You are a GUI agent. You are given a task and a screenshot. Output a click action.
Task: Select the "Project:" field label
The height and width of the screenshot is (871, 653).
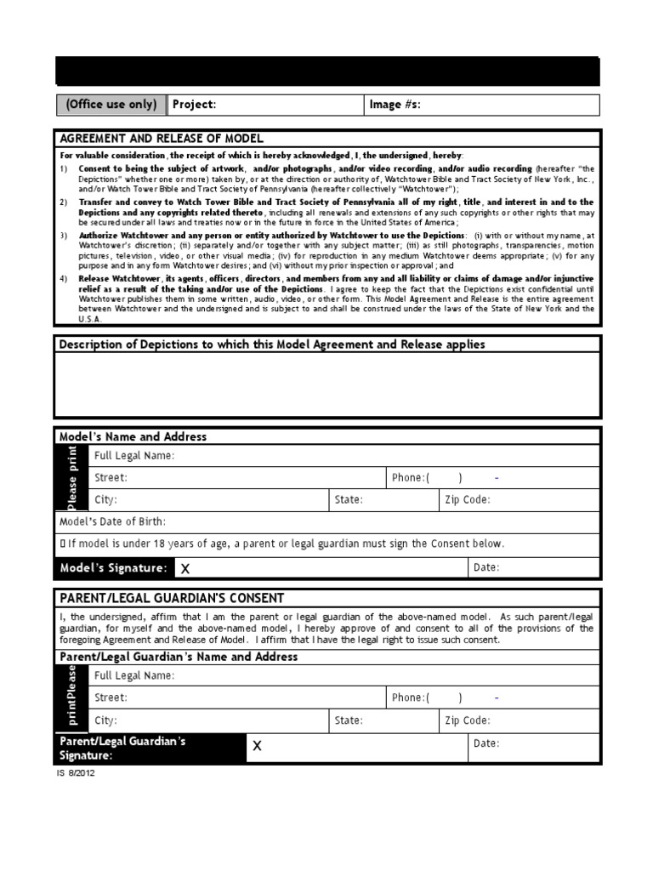[194, 105]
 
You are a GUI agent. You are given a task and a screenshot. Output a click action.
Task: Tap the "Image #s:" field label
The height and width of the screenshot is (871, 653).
[395, 105]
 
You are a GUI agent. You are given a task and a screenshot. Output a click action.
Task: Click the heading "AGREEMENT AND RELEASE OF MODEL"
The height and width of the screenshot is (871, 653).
[162, 139]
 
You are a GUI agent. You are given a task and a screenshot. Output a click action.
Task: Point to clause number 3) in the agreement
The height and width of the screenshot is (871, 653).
[64, 235]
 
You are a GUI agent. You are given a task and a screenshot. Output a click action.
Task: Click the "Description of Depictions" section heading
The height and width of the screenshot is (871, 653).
[271, 344]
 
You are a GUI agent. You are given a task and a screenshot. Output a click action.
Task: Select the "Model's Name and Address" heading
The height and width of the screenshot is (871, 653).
[133, 436]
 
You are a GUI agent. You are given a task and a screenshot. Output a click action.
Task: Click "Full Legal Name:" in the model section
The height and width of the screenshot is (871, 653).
[134, 456]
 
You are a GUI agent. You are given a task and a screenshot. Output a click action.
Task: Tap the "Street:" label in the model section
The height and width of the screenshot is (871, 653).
[111, 478]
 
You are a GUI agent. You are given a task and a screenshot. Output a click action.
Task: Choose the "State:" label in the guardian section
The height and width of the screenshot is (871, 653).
[349, 720]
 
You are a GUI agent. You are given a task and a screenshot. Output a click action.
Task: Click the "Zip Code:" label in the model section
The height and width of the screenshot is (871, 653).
[467, 500]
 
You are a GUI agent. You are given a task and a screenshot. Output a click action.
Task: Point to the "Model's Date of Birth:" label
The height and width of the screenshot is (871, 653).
[112, 521]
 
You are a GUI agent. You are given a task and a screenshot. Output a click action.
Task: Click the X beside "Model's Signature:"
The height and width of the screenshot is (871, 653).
[185, 567]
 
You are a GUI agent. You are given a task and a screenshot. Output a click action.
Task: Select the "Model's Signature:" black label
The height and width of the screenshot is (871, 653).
[113, 567]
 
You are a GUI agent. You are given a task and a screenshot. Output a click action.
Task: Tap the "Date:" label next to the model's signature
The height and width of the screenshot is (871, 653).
[486, 567]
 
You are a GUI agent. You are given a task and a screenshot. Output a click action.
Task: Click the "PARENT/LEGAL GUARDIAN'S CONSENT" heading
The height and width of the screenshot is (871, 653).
[171, 598]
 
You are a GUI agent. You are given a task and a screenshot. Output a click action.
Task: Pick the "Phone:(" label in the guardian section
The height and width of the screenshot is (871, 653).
[411, 697]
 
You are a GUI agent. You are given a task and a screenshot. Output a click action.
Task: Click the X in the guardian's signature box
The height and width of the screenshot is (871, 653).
[257, 746]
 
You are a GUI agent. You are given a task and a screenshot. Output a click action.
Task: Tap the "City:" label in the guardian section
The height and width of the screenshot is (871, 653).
[105, 720]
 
